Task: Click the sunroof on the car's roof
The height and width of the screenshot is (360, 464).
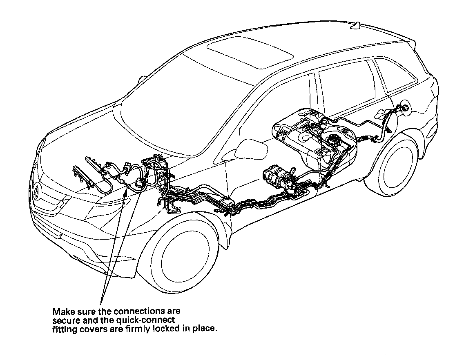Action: click(250, 53)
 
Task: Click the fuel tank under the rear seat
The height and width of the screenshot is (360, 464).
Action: click(315, 139)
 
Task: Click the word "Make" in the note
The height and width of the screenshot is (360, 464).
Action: click(64, 311)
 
